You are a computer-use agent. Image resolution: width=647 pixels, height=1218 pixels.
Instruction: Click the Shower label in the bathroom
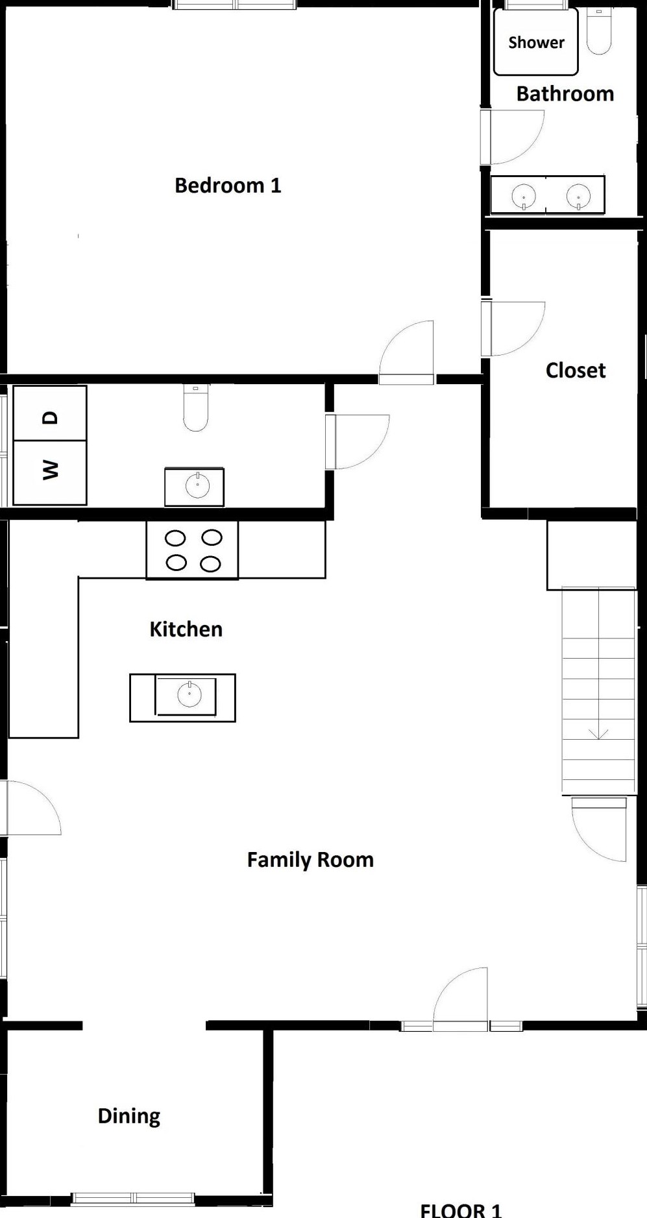(536, 43)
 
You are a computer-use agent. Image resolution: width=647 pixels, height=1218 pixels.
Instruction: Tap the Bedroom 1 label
(228, 186)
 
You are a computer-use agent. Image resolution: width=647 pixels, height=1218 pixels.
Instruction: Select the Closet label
(576, 371)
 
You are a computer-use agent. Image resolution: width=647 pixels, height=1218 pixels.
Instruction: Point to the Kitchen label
(186, 629)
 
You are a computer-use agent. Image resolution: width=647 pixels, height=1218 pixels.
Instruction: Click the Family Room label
(310, 860)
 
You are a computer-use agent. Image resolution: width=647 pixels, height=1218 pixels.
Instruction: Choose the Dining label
(129, 1116)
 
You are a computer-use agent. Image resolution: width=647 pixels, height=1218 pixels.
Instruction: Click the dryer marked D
(50, 413)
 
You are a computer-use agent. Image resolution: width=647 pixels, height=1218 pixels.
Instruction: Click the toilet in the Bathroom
(599, 30)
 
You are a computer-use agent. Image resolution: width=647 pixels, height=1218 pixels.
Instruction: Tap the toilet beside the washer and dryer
(196, 408)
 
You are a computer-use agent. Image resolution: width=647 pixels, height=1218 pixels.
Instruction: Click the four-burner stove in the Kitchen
(193, 550)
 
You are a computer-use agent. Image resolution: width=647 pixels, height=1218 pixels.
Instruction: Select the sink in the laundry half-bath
(195, 486)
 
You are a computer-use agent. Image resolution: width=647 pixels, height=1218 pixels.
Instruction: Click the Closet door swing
(513, 328)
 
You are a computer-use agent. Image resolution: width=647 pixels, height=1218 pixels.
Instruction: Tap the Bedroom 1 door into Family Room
(406, 352)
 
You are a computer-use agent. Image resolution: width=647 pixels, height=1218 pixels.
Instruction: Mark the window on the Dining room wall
(133, 1198)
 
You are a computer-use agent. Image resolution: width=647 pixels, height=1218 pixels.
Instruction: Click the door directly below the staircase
(599, 829)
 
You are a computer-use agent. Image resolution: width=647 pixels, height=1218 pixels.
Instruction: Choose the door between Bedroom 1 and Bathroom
(512, 137)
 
